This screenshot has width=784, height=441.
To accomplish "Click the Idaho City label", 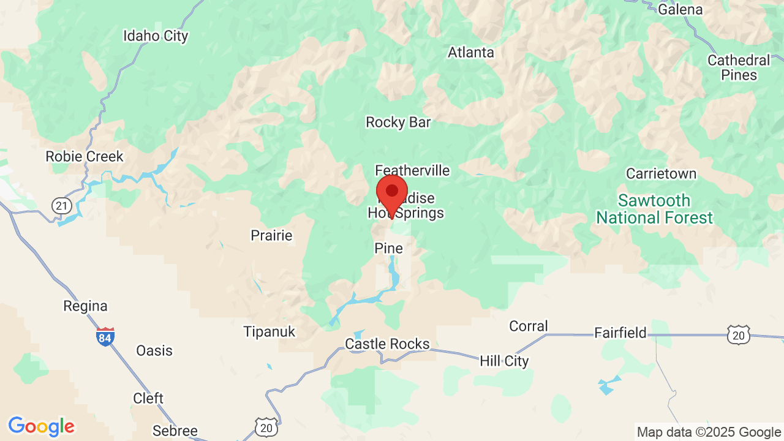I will point(156,36).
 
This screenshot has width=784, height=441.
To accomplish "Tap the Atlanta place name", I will point(470,53).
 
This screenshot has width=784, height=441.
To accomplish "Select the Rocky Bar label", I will point(398,123).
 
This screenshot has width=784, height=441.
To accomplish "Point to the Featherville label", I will point(412,170).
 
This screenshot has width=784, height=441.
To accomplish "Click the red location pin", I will point(392,192).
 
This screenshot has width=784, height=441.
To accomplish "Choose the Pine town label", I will point(389,248).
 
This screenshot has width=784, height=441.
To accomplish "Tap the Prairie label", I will point(271,235).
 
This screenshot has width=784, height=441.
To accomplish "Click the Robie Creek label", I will point(85,157).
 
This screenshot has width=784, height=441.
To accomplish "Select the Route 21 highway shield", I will point(61,206).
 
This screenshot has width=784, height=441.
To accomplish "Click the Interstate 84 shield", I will point(105,336).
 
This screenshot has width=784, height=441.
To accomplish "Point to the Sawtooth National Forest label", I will point(654,209).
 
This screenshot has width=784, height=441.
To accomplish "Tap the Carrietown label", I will point(661,174).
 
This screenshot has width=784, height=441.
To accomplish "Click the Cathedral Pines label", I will point(739,67).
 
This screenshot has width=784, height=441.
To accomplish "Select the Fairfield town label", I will point(620,333).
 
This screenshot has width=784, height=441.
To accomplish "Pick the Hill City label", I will point(504,361).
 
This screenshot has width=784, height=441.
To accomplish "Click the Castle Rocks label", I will point(387,344).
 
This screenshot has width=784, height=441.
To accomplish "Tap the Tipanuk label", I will point(269,332).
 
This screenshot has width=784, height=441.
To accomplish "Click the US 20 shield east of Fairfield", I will point(739,334).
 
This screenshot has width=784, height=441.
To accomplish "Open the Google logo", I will point(41,426).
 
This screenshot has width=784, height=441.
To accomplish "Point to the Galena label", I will point(680,9).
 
